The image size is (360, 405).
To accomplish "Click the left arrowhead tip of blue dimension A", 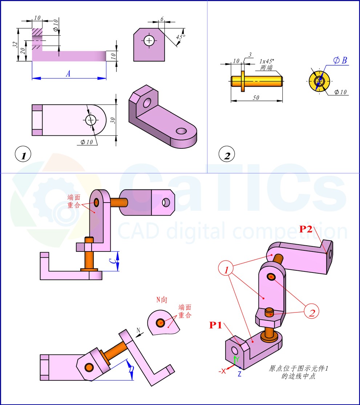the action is click(32, 78).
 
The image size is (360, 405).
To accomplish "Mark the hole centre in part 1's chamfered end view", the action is click(149, 40).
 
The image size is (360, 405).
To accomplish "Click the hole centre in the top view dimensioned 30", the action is click(90, 120).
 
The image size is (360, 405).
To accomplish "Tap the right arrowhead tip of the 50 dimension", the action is click(282, 101).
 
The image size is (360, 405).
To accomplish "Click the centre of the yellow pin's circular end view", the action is click(319, 81).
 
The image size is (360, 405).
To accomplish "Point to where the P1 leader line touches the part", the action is click(240, 345).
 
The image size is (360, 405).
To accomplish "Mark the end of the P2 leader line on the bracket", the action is click(327, 253).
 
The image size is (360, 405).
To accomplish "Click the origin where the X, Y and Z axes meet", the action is click(235, 365).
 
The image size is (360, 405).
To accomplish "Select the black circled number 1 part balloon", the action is click(23, 154).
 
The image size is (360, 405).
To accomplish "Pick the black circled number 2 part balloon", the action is click(227, 154).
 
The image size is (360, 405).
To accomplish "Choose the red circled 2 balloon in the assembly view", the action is click(311, 311).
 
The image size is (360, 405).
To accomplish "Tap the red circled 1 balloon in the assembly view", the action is click(226, 268).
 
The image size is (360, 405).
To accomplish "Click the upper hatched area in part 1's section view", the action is click(37, 32).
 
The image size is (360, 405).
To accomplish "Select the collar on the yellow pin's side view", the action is click(243, 81).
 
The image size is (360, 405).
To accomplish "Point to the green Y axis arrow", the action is click(235, 360).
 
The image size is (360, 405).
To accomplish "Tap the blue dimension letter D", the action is click(132, 369).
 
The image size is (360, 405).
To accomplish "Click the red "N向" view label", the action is click(162, 300).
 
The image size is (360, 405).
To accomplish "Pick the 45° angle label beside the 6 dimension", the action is click(181, 37).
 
